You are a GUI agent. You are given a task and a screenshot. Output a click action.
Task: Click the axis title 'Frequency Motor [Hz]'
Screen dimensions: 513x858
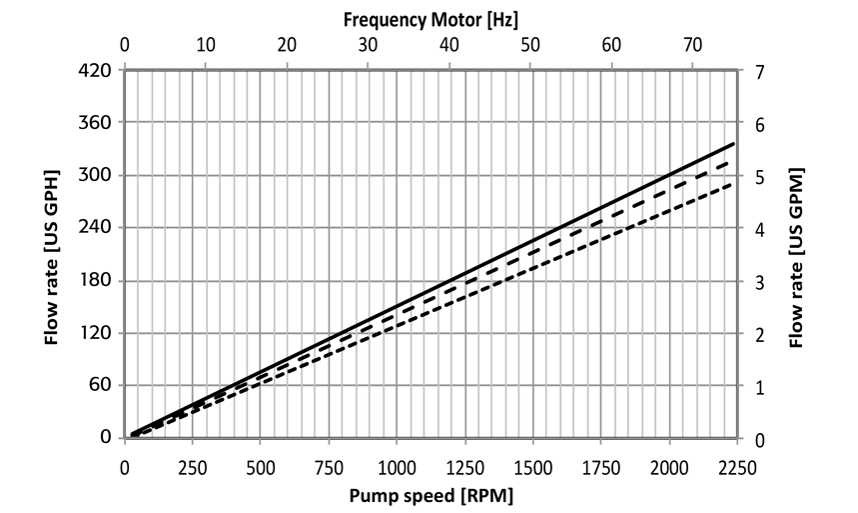(430, 17)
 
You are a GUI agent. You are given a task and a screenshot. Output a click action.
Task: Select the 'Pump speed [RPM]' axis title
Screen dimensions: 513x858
(430, 494)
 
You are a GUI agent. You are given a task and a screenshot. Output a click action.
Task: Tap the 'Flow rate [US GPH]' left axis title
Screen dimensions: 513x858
(51, 257)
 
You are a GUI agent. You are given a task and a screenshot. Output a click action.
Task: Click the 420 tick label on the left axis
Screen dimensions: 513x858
(97, 71)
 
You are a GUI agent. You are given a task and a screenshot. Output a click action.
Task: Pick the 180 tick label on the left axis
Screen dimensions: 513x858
(97, 281)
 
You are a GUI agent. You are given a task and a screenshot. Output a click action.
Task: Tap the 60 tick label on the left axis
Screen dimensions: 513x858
(101, 386)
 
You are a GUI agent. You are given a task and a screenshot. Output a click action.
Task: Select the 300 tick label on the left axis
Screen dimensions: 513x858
(97, 176)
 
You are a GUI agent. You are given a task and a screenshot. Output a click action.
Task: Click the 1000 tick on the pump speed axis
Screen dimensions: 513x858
(397, 466)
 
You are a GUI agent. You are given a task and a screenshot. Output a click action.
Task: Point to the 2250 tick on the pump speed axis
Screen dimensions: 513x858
(736, 466)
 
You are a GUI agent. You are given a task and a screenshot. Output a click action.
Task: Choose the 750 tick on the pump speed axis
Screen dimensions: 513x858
(328, 466)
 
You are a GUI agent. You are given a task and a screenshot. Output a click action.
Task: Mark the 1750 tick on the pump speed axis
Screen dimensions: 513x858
(600, 466)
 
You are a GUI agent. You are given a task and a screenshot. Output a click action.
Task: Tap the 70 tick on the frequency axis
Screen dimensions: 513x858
(693, 45)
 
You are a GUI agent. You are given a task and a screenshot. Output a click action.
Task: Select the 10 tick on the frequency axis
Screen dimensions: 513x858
(205, 45)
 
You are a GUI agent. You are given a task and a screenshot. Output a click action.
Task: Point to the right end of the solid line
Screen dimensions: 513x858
(734, 144)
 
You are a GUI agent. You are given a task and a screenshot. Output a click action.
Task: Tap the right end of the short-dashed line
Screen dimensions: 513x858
(734, 183)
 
